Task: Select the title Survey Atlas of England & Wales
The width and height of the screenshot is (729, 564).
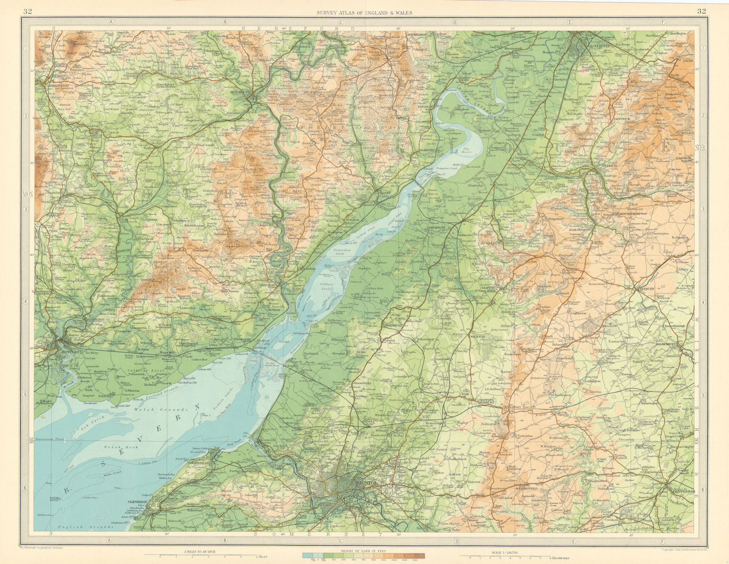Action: click(x=364, y=13)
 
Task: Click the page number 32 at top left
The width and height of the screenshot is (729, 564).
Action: click(x=27, y=12)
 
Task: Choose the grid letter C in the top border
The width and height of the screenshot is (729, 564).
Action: click(x=340, y=21)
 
